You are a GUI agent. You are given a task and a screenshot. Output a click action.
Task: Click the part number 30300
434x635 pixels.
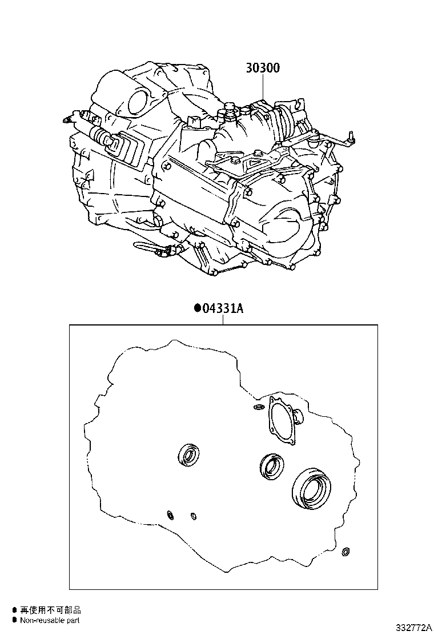point(263,67)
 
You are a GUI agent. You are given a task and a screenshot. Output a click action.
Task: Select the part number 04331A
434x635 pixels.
point(222,309)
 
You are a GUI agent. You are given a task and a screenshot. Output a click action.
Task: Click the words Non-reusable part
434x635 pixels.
point(50,620)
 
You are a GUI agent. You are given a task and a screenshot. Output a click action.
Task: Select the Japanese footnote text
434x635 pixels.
point(51,610)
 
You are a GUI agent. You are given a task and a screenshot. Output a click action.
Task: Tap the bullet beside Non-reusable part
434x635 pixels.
point(14,620)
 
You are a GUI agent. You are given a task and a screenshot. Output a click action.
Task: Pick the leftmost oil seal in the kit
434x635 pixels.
point(188,455)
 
